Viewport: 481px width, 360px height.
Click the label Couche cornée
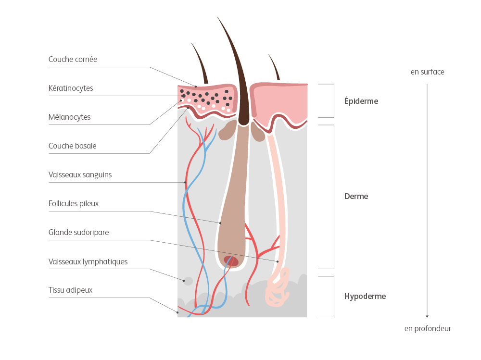[x=73, y=60]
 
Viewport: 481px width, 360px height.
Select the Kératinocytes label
[x=71, y=88]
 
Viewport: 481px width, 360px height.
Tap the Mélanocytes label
[x=69, y=117]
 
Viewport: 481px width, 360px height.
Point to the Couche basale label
[x=72, y=146]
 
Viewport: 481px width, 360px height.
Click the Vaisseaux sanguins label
[x=80, y=174]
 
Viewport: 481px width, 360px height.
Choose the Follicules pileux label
[x=74, y=203]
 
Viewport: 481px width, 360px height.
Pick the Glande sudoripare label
[x=78, y=232]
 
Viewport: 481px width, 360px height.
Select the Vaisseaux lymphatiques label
[x=88, y=261]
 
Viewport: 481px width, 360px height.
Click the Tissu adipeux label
[x=70, y=290]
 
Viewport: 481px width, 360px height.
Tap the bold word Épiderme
[x=361, y=101]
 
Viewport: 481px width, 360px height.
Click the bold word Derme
[x=356, y=197]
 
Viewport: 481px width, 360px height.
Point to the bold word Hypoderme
[x=365, y=296]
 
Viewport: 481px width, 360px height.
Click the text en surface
[x=427, y=72]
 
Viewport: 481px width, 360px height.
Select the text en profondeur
[x=427, y=329]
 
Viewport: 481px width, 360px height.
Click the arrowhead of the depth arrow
[x=427, y=316]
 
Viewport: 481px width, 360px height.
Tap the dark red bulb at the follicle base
[x=231, y=261]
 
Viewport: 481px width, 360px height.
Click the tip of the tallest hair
[x=218, y=18]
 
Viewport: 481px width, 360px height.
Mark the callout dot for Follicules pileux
[x=220, y=223]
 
